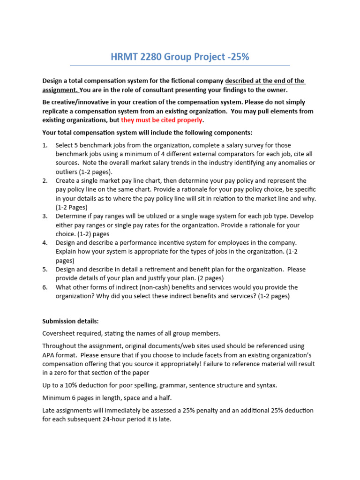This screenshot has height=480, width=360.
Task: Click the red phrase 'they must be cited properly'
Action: click(161, 120)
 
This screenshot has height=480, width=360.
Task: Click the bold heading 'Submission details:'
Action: click(70, 321)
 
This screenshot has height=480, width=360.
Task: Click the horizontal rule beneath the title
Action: click(180, 66)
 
